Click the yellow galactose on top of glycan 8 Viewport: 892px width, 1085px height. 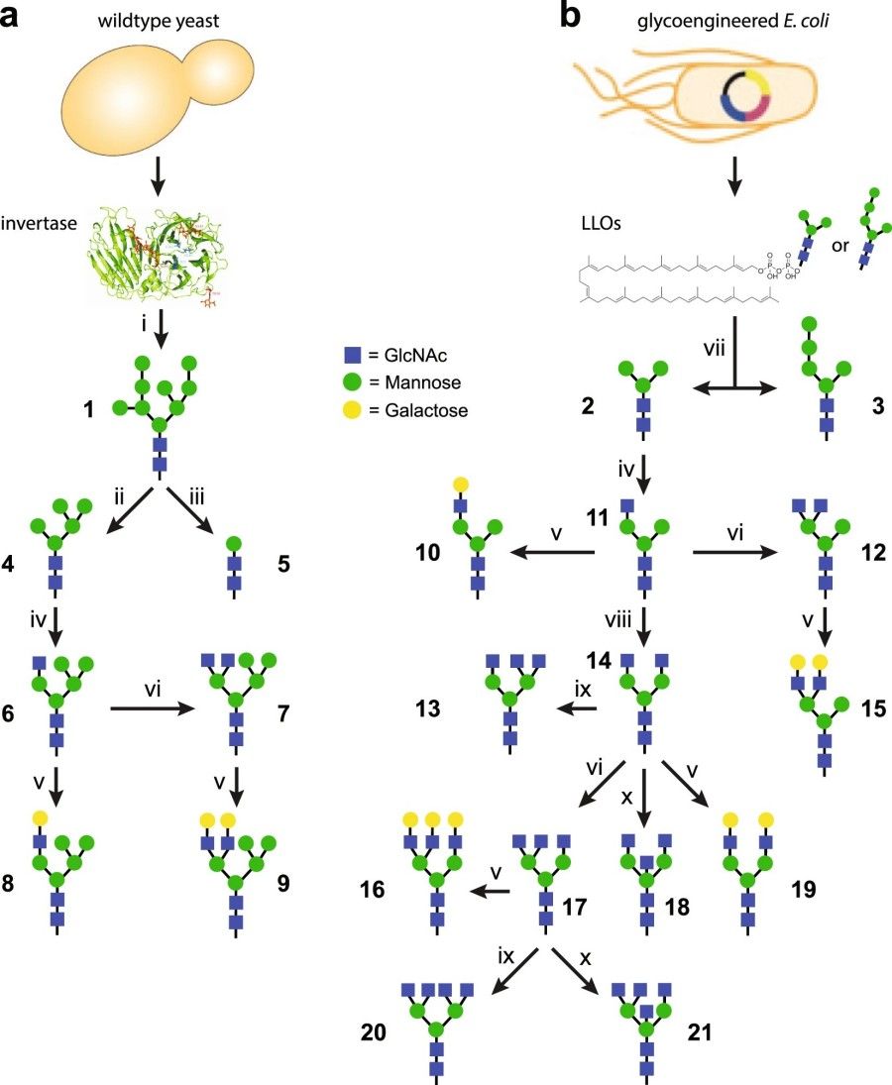tap(41, 817)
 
